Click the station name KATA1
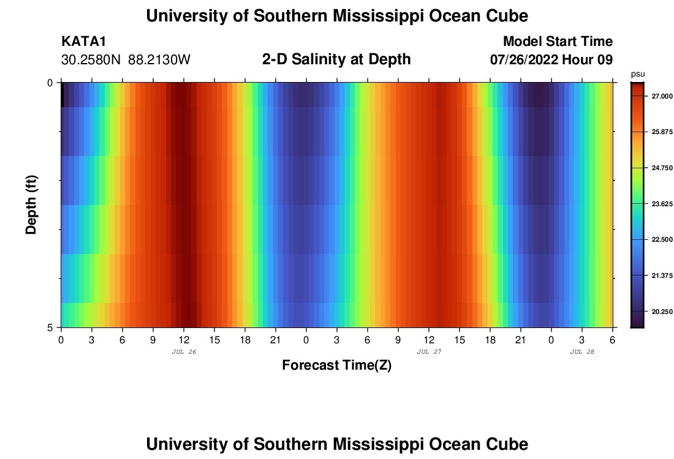[x=83, y=42]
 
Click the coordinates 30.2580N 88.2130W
[x=126, y=59]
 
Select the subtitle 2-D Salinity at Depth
[x=336, y=59]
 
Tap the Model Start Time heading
[x=558, y=42]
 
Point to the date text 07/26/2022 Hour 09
[x=551, y=59]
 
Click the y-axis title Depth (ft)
[x=32, y=204]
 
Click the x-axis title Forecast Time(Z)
[x=336, y=365]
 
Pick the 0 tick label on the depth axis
[x=50, y=83]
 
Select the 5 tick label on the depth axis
[x=50, y=327]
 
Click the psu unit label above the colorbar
[x=637, y=73]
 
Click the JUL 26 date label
[x=184, y=352]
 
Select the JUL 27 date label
[x=429, y=352]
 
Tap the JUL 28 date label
[x=582, y=352]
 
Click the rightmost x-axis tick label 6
[x=613, y=340]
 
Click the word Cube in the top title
[x=506, y=16]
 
